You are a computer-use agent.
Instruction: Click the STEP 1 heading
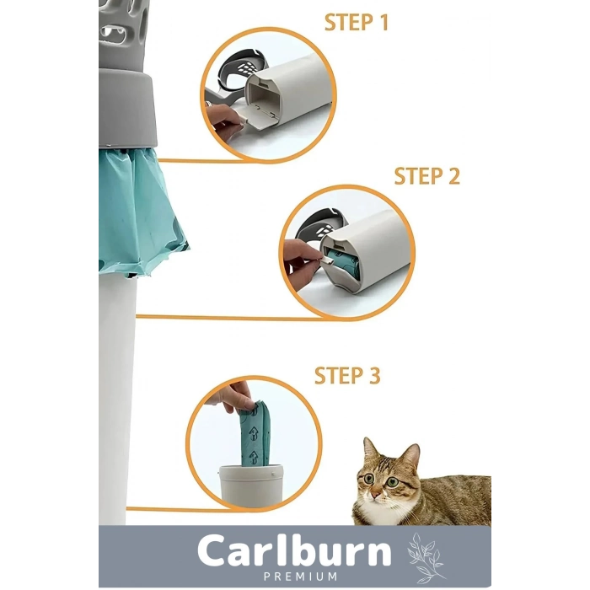(x=357, y=22)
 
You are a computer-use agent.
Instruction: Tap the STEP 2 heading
(x=427, y=176)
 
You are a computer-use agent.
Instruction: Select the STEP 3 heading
(x=347, y=376)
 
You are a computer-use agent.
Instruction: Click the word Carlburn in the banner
(x=295, y=550)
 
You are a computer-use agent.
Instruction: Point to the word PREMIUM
(x=300, y=577)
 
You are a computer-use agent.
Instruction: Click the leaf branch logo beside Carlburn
(x=426, y=558)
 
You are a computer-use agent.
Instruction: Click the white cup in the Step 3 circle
(x=251, y=485)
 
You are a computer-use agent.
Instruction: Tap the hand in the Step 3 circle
(x=233, y=396)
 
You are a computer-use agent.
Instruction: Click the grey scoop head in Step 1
(x=242, y=67)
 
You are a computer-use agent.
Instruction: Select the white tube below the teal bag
(x=116, y=399)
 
